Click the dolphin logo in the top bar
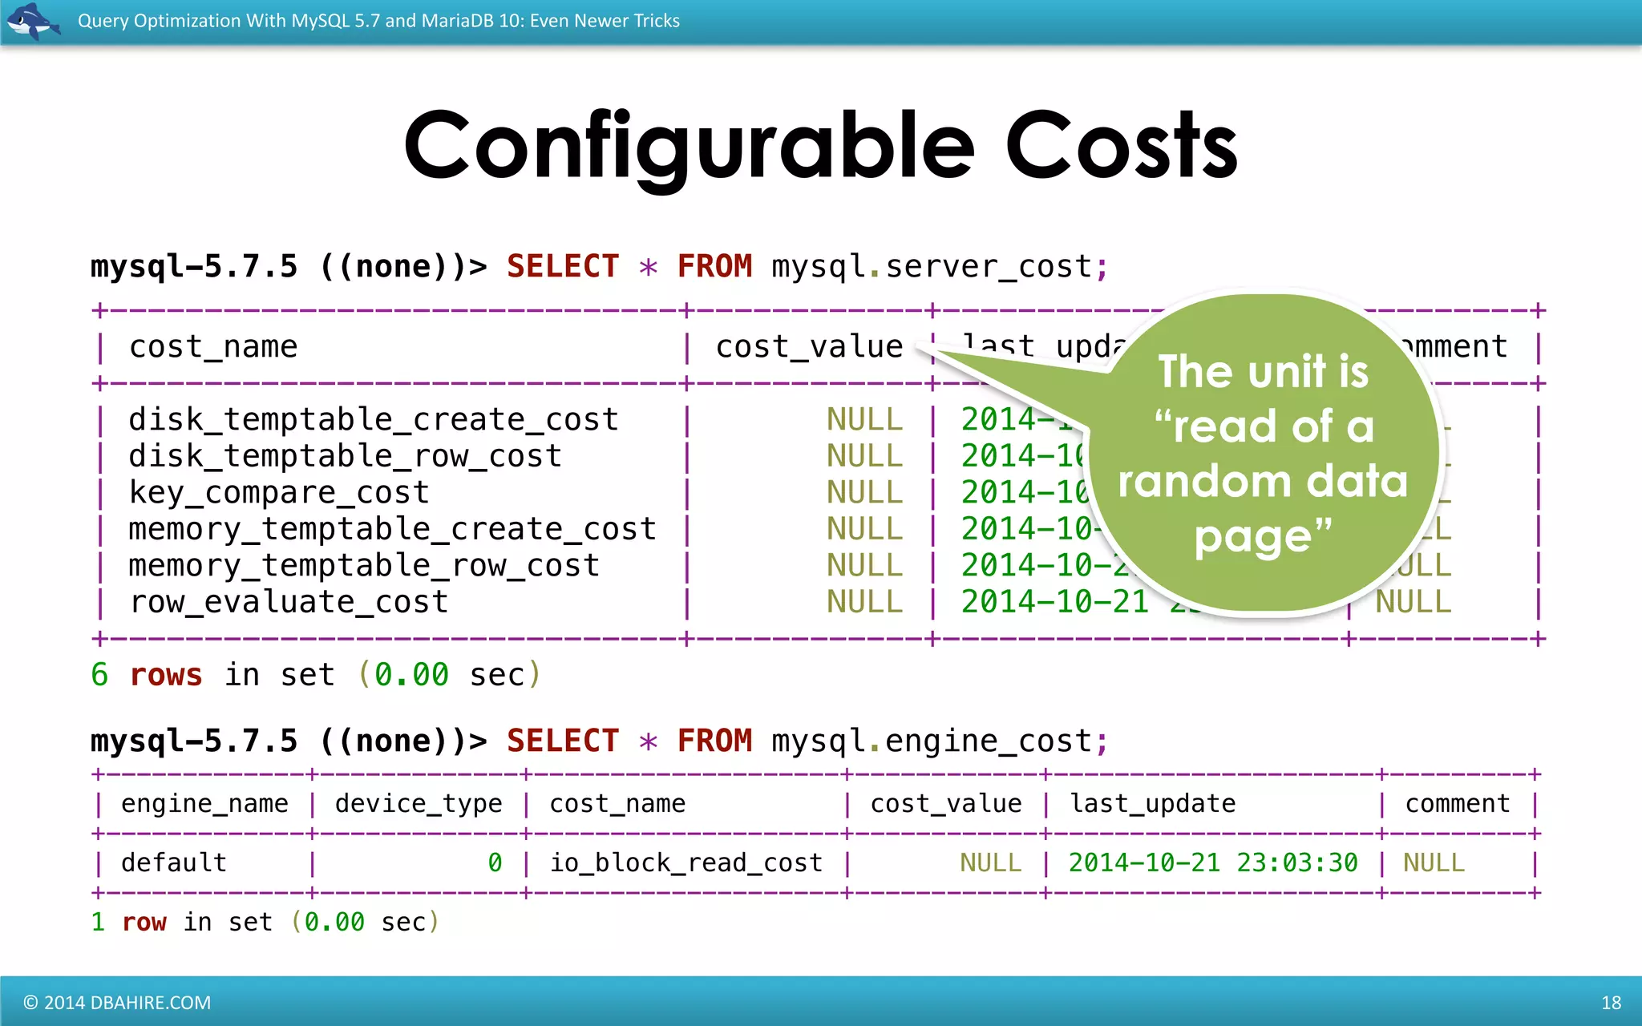coord(32,21)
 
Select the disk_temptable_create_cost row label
coord(374,419)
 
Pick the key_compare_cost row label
coord(279,492)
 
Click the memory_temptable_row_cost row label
coord(364,565)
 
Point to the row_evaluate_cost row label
coord(289,602)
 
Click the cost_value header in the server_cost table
coord(809,346)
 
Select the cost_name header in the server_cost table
coord(213,346)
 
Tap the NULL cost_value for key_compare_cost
coord(864,492)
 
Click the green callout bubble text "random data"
coord(1263,481)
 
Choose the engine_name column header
coord(204,803)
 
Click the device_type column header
coord(419,803)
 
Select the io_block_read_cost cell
coord(686,862)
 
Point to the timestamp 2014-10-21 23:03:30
coord(1213,862)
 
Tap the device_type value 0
coord(495,862)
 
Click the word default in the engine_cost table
coord(174,862)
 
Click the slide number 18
coord(1611,1003)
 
